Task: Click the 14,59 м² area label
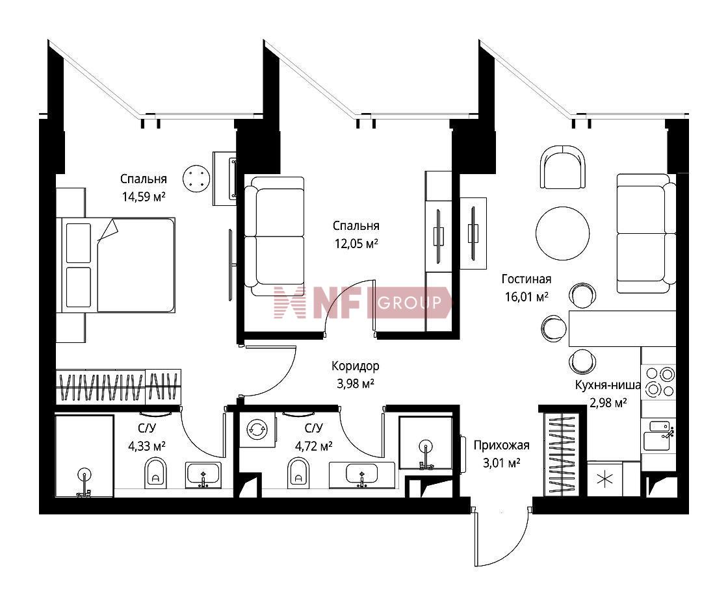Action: [144, 197]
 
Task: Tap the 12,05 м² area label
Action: [356, 244]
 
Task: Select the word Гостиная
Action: [526, 279]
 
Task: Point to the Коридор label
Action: [355, 366]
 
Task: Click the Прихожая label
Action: [501, 446]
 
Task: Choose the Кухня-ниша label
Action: [608, 385]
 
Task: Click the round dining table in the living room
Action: [563, 233]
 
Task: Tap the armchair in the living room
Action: [563, 167]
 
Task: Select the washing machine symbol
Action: [257, 429]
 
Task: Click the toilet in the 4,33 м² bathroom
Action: [155, 472]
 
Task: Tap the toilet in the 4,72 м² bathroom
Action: [298, 472]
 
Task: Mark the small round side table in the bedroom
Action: [196, 178]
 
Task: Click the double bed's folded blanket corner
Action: [109, 229]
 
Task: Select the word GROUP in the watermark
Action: [409, 303]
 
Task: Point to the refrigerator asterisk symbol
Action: [605, 479]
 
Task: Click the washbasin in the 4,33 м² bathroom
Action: [203, 475]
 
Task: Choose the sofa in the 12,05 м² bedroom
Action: [274, 236]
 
